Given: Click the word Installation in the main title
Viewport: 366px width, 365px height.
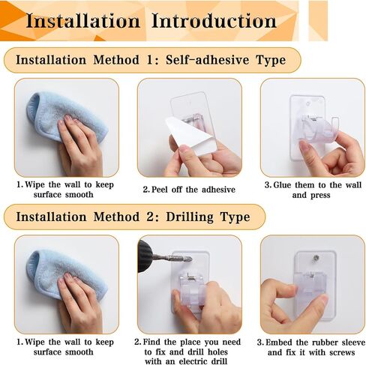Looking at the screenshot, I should [x=83, y=19].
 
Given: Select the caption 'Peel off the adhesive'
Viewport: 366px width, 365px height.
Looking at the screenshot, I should [x=188, y=189].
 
